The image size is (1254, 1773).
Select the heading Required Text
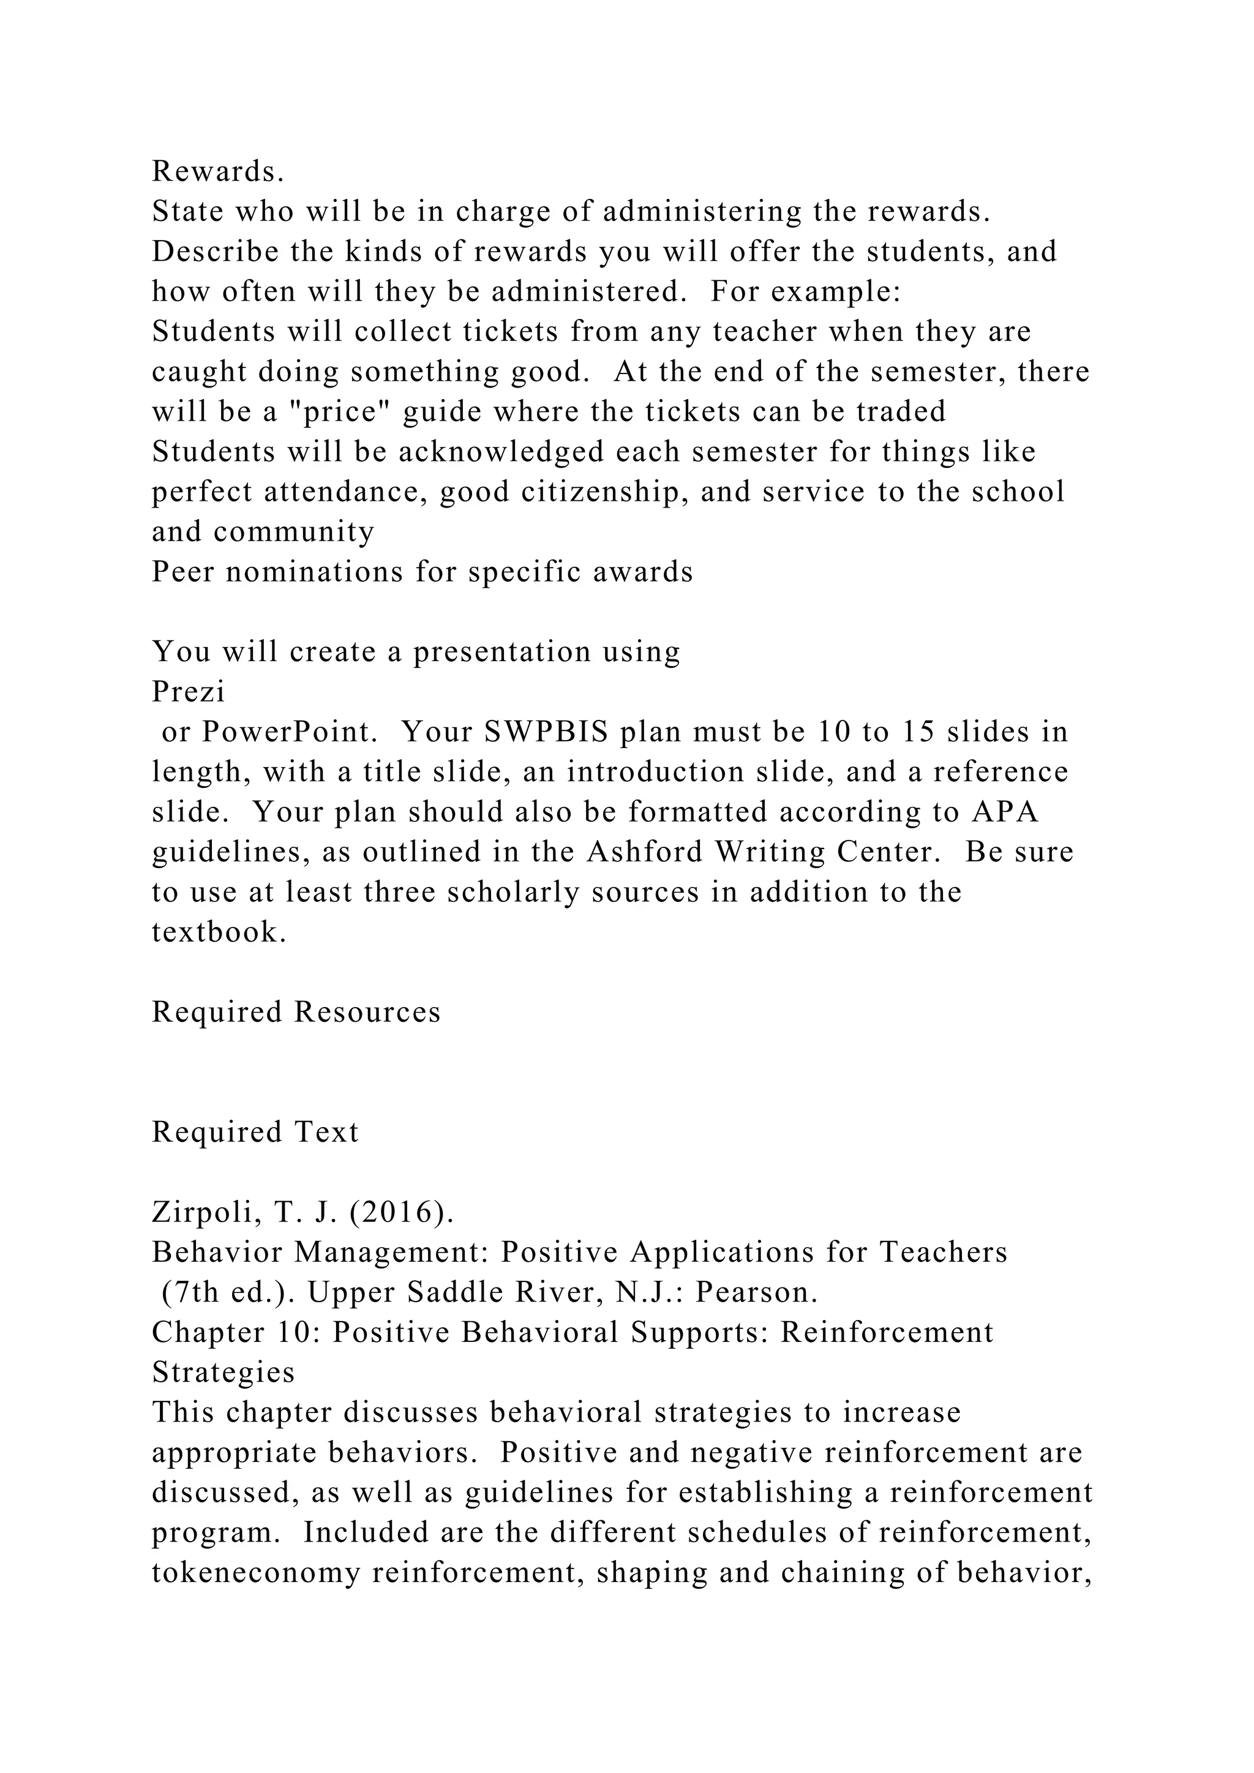(x=255, y=1132)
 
